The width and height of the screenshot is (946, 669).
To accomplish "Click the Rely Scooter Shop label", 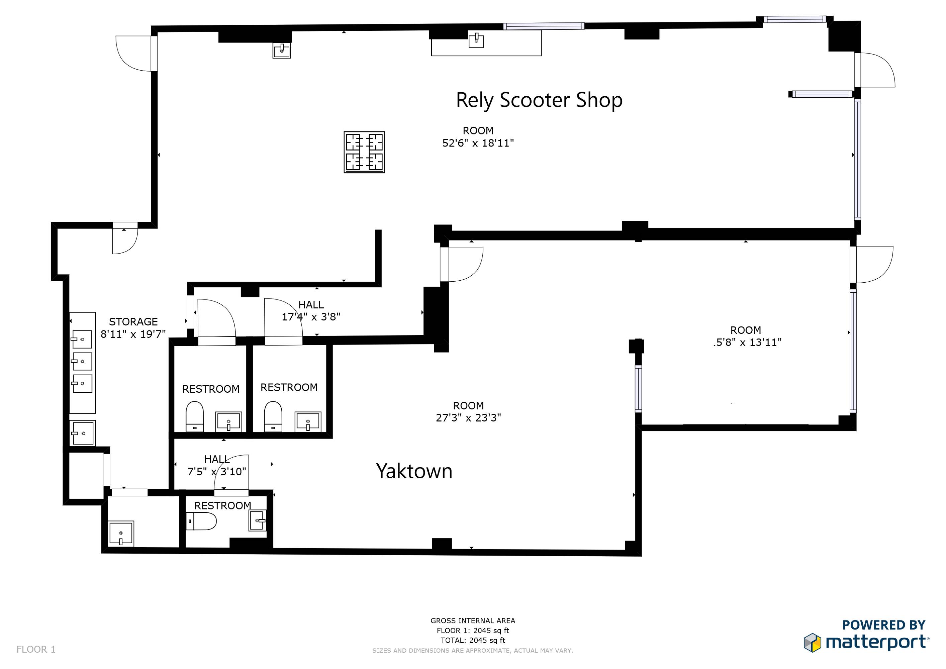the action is click(539, 100).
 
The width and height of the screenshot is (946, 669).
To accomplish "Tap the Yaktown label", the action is click(414, 471).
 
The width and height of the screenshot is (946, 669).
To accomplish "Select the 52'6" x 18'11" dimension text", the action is click(478, 143).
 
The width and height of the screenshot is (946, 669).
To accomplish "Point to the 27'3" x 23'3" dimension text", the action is click(468, 418).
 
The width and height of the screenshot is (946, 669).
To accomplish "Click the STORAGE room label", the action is click(133, 321).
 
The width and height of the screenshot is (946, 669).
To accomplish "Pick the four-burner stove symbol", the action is click(364, 152).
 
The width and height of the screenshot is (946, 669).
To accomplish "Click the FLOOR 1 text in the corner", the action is click(36, 650).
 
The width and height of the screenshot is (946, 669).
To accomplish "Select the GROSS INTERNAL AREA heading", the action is click(473, 621).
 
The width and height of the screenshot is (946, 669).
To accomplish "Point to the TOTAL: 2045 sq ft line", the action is click(473, 641).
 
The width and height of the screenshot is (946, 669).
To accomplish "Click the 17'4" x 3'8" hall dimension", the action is click(311, 317).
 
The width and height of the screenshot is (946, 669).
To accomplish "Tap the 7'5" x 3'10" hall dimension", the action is click(217, 472).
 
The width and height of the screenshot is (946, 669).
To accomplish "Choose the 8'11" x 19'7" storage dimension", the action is click(133, 334).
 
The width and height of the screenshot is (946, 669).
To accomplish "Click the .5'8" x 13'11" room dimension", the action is click(747, 342).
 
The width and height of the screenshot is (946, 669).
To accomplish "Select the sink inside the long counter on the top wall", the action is click(476, 40).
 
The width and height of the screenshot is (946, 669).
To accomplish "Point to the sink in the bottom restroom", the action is click(258, 520).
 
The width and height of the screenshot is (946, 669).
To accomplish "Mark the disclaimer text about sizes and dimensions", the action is click(473, 651).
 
